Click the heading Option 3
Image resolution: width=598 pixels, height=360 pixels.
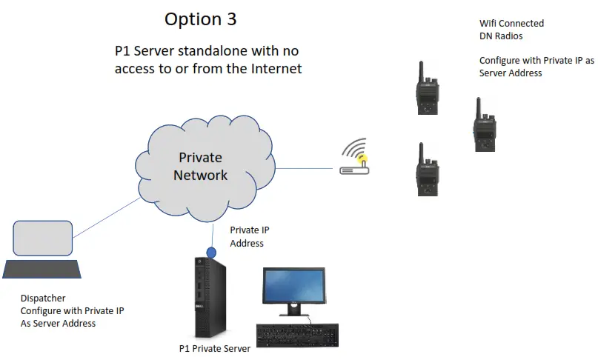pyautogui.click(x=200, y=19)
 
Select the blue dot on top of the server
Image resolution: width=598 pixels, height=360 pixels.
pyautogui.click(x=211, y=253)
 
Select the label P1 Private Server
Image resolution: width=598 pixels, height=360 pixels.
pyautogui.click(x=215, y=348)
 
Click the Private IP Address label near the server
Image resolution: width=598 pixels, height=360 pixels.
pyautogui.click(x=247, y=237)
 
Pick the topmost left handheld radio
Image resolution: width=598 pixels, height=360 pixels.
pyautogui.click(x=427, y=90)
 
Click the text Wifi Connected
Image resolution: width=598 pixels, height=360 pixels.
pyautogui.click(x=511, y=24)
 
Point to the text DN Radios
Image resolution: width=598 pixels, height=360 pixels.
pyautogui.click(x=501, y=36)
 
